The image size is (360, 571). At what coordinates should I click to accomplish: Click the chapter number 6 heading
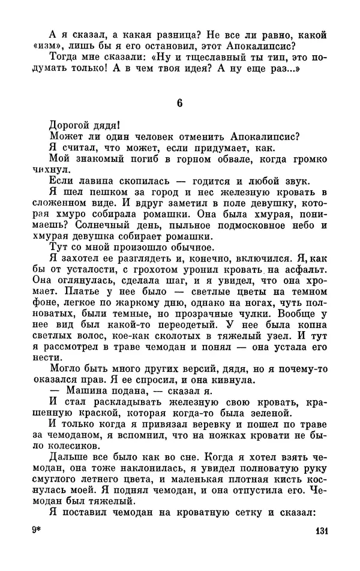(179, 103)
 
